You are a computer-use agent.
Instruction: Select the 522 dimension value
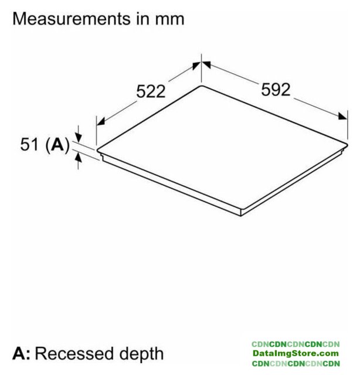point(151,91)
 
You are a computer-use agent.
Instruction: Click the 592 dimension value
point(276,90)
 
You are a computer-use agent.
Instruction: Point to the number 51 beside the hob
point(29,144)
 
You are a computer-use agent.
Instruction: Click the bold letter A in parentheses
point(57,144)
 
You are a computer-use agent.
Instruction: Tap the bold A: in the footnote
point(22,353)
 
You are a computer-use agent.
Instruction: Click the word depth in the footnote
point(141,354)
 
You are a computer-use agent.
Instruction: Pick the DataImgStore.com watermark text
point(296,353)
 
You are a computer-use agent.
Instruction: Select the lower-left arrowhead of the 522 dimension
point(101,121)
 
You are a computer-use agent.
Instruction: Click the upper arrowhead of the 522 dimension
point(196,66)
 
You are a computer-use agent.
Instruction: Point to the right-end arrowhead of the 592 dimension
point(342,116)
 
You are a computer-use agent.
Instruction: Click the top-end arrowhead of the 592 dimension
point(206,64)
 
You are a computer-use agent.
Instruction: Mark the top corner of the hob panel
point(201,86)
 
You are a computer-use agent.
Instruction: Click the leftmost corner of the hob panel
point(97,150)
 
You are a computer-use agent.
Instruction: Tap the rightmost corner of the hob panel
point(347,144)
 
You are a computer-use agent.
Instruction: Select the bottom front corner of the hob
point(241,216)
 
